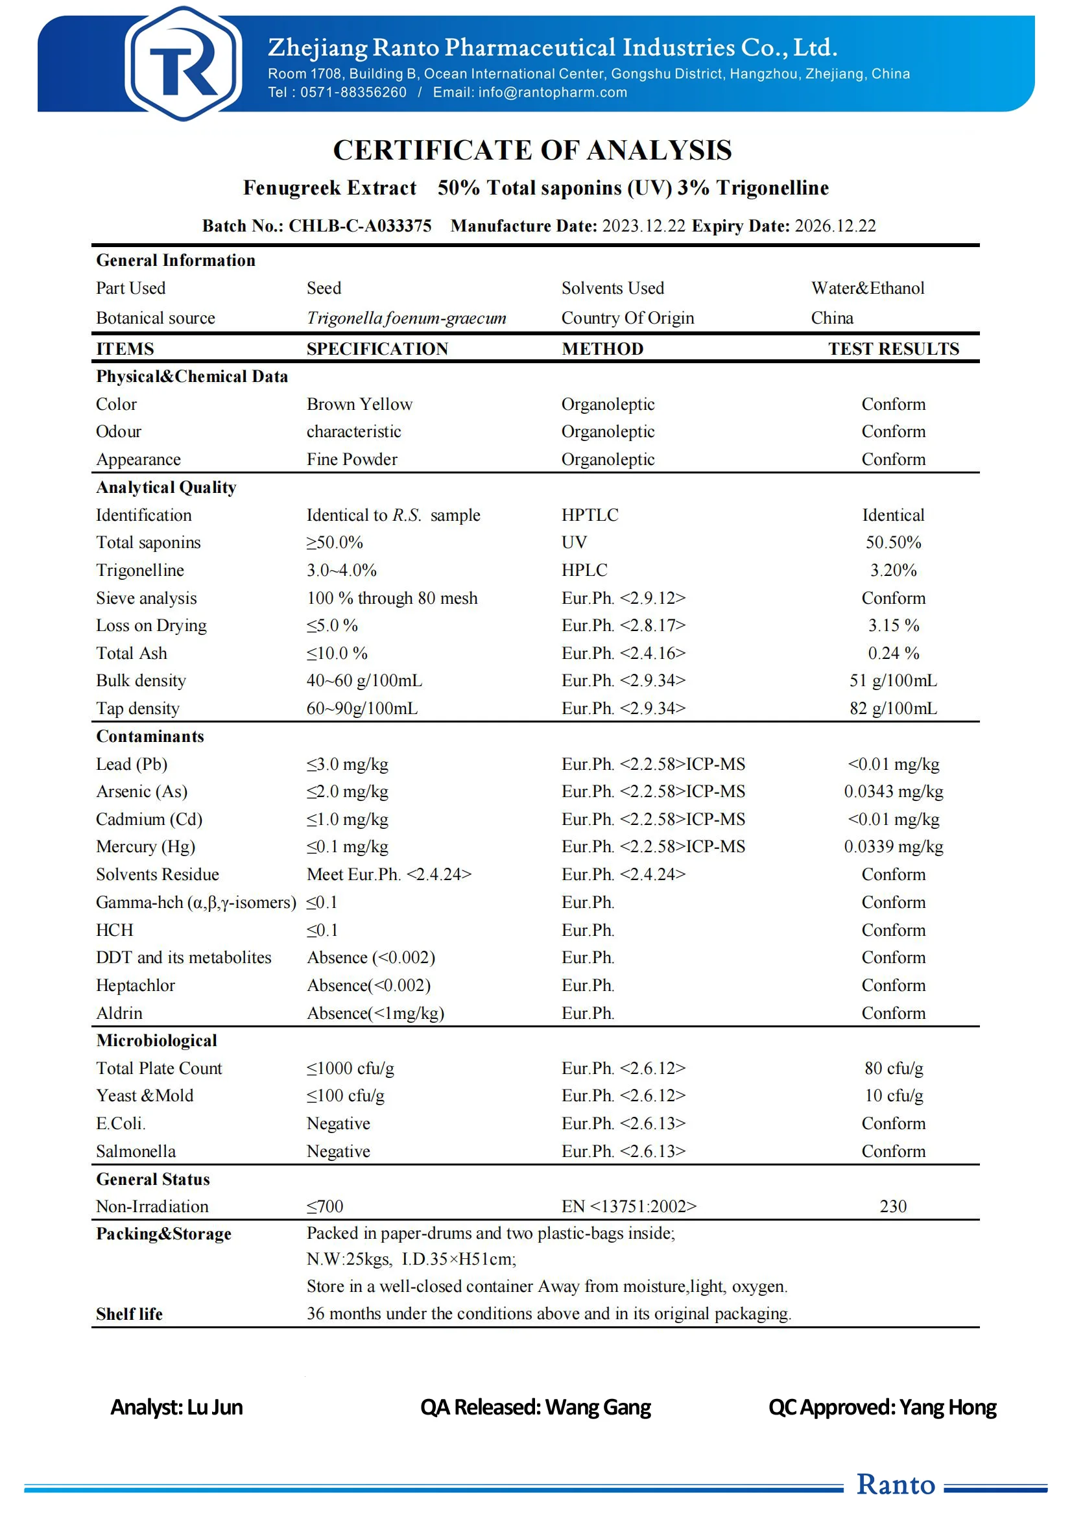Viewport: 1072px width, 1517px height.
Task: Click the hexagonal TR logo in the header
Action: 183,64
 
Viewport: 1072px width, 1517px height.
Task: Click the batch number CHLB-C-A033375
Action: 360,226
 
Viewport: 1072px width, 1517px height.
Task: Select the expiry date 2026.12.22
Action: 835,226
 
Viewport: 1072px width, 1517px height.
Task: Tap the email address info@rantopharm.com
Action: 552,93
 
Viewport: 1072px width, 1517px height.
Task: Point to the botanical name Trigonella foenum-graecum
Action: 406,318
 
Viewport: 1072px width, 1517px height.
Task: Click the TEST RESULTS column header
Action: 893,349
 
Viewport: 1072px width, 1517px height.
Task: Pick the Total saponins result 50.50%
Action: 893,542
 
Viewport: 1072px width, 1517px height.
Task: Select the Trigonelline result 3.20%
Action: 893,570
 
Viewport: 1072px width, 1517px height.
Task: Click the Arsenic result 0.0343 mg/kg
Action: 893,791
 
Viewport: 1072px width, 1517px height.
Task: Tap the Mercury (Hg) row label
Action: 145,846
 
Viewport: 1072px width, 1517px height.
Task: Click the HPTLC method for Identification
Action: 590,515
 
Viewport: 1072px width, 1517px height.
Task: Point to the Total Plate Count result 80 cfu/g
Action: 893,1068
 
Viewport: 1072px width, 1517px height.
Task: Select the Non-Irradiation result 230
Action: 893,1206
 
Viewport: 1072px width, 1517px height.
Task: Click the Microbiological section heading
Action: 156,1040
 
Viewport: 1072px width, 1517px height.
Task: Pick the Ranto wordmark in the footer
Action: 896,1484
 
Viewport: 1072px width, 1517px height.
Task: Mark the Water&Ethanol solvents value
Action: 867,288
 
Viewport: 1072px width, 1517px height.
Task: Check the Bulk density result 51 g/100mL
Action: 893,680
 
